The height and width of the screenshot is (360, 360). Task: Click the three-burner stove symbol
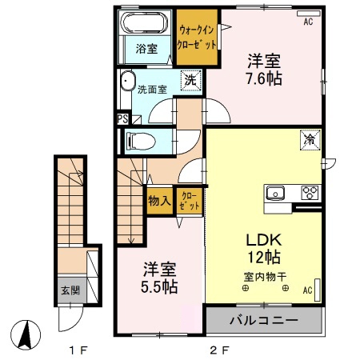[x=309, y=192]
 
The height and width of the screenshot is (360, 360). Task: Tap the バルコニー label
[x=265, y=321]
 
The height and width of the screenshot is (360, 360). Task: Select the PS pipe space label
[x=122, y=119]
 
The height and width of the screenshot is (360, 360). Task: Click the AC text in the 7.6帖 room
[x=308, y=22]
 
